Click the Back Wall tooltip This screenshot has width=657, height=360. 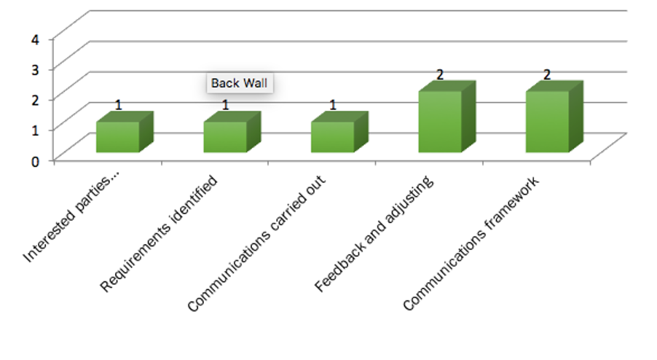[x=239, y=83]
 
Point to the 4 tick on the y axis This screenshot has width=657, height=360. [x=35, y=40]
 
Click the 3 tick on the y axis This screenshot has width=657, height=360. [x=35, y=69]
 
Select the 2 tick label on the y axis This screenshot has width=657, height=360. [x=35, y=100]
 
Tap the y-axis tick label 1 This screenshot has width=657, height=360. [x=35, y=130]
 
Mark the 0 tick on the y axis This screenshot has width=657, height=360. [x=35, y=161]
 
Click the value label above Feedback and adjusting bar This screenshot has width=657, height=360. [x=439, y=74]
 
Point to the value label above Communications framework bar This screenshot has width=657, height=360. [x=547, y=74]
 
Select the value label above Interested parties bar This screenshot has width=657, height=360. [x=118, y=105]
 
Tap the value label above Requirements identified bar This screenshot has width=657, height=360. [x=225, y=105]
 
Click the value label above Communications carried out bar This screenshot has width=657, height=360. [x=333, y=105]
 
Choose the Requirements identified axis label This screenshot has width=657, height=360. [x=159, y=233]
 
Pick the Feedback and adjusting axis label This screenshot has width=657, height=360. [x=374, y=233]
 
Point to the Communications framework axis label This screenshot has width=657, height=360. [x=471, y=244]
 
